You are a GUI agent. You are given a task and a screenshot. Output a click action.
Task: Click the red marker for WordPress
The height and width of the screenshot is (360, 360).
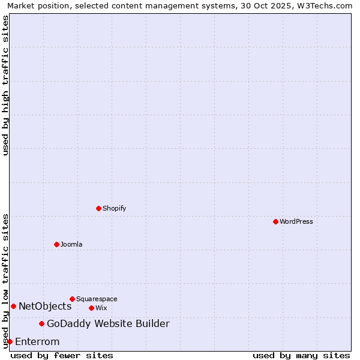[275, 221]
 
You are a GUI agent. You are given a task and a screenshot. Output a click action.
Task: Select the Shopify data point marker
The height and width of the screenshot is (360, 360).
[98, 208]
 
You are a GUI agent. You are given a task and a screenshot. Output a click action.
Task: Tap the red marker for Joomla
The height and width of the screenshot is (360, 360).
[56, 244]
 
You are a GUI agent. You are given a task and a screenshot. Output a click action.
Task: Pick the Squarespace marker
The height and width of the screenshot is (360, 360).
[72, 299]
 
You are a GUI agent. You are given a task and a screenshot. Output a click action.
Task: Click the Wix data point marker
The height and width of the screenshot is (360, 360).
[91, 308]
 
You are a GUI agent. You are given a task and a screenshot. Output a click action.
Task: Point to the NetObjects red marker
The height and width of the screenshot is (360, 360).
[13, 306]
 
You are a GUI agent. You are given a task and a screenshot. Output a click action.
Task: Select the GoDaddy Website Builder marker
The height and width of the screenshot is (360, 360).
[41, 324]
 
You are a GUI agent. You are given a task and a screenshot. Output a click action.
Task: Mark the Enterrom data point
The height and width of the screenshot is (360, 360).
[10, 341]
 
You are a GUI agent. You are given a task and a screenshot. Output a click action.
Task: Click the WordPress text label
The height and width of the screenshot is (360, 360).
[296, 221]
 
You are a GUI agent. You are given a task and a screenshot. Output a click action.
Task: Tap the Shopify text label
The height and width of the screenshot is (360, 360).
[114, 208]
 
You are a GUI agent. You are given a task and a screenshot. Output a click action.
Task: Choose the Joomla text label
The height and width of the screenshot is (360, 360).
[71, 244]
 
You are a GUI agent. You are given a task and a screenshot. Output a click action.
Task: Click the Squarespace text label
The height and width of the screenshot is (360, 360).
[97, 299]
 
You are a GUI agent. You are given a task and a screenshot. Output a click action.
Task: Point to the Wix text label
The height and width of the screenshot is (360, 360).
[101, 308]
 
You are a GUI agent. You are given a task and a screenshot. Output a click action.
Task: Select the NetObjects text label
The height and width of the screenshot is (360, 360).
[45, 306]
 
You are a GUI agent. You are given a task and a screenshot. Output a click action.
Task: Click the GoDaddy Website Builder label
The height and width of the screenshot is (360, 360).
[108, 324]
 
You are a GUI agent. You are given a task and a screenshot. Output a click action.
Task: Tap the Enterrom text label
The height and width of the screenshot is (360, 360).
[37, 342]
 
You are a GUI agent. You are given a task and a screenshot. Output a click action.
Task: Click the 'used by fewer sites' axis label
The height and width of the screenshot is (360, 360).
[62, 355]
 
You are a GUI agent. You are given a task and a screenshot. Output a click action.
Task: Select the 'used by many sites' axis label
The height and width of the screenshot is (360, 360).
[301, 355]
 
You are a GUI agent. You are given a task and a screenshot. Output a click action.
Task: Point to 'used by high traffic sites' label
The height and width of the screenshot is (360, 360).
[5, 86]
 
